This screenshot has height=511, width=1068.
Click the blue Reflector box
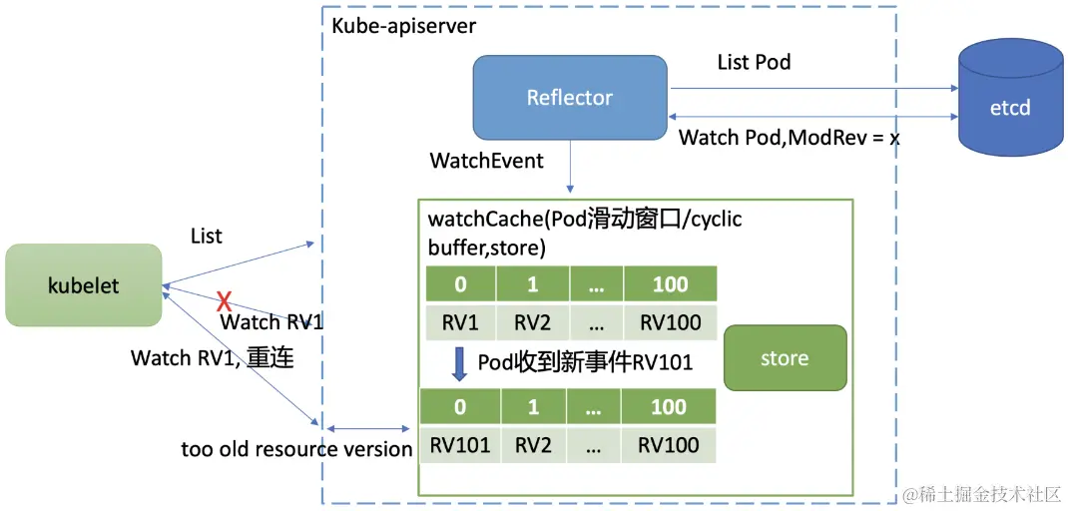pos(569,97)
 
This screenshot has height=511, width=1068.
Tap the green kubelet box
pos(83,285)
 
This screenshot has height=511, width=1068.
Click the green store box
pos(785,357)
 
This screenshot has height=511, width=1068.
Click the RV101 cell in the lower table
pos(460,444)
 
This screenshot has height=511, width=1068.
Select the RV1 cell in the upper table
pos(460,322)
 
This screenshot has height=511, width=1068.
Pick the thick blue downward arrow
pos(460,363)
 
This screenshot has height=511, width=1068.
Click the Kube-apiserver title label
pos(403,25)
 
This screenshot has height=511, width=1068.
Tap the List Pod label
pos(754,62)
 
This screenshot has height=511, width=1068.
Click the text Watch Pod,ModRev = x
pos(789,138)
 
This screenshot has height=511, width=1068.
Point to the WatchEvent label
pos(486,161)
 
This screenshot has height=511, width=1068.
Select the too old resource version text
pos(296,449)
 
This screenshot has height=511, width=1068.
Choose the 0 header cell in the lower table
pos(460,406)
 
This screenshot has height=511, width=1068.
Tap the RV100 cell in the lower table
pos(669,444)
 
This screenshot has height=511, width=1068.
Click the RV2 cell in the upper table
pos(533,322)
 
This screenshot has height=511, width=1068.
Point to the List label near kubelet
pos(206,237)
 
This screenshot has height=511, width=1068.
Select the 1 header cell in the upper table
pos(533,284)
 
